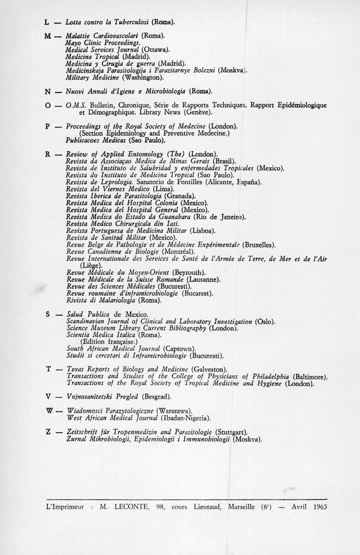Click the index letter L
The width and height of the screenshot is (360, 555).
point(47,22)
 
